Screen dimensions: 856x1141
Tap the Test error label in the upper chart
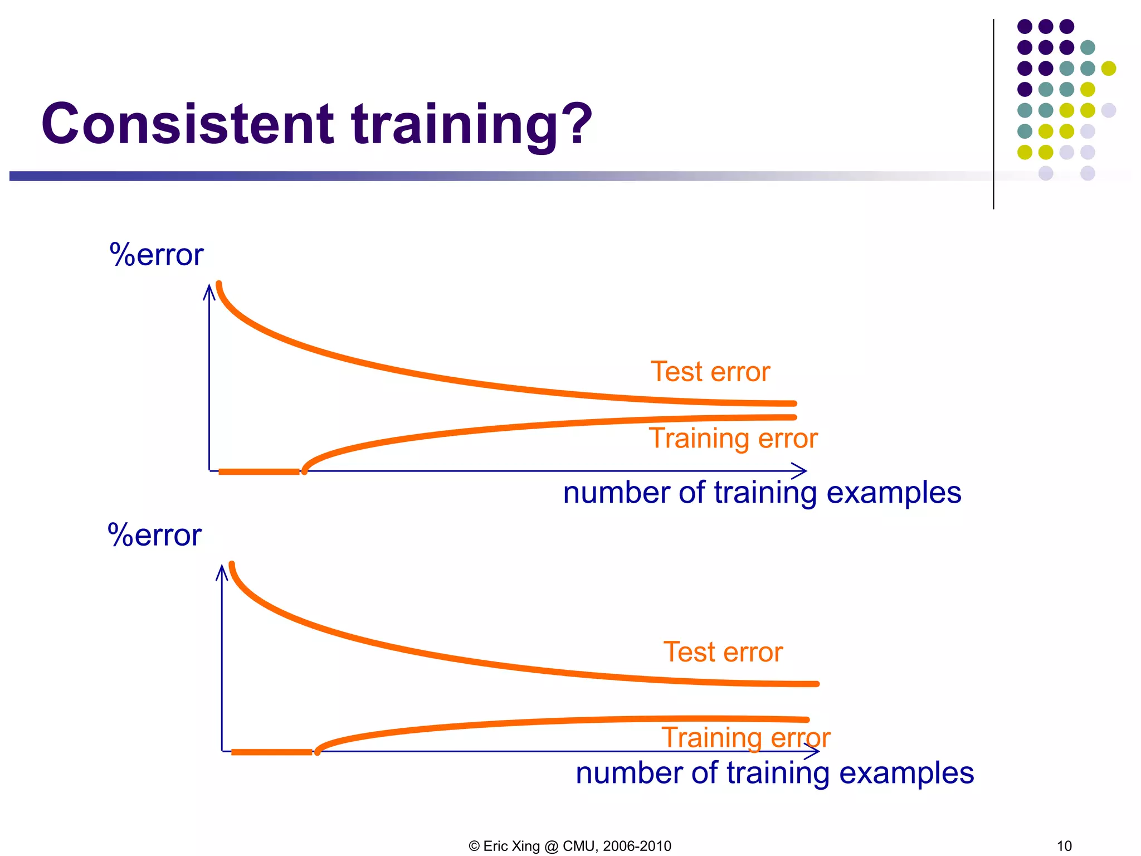click(710, 372)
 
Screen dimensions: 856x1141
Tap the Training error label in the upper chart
click(733, 438)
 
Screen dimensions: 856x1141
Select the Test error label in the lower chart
click(723, 652)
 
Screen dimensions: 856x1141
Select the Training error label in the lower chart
click(745, 738)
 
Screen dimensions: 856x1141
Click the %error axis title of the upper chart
click(157, 255)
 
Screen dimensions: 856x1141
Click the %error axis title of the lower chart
click(154, 536)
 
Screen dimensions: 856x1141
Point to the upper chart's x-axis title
click(762, 493)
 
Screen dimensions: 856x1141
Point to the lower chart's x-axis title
click(774, 774)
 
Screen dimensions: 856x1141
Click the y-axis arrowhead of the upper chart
click(209, 290)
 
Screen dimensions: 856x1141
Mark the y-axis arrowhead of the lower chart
click(222, 571)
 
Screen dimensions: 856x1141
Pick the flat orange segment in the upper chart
click(259, 472)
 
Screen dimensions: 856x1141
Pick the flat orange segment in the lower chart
click(272, 752)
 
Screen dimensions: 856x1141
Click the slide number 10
click(1064, 846)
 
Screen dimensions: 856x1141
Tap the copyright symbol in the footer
click(474, 846)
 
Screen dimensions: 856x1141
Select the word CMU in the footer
click(579, 846)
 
